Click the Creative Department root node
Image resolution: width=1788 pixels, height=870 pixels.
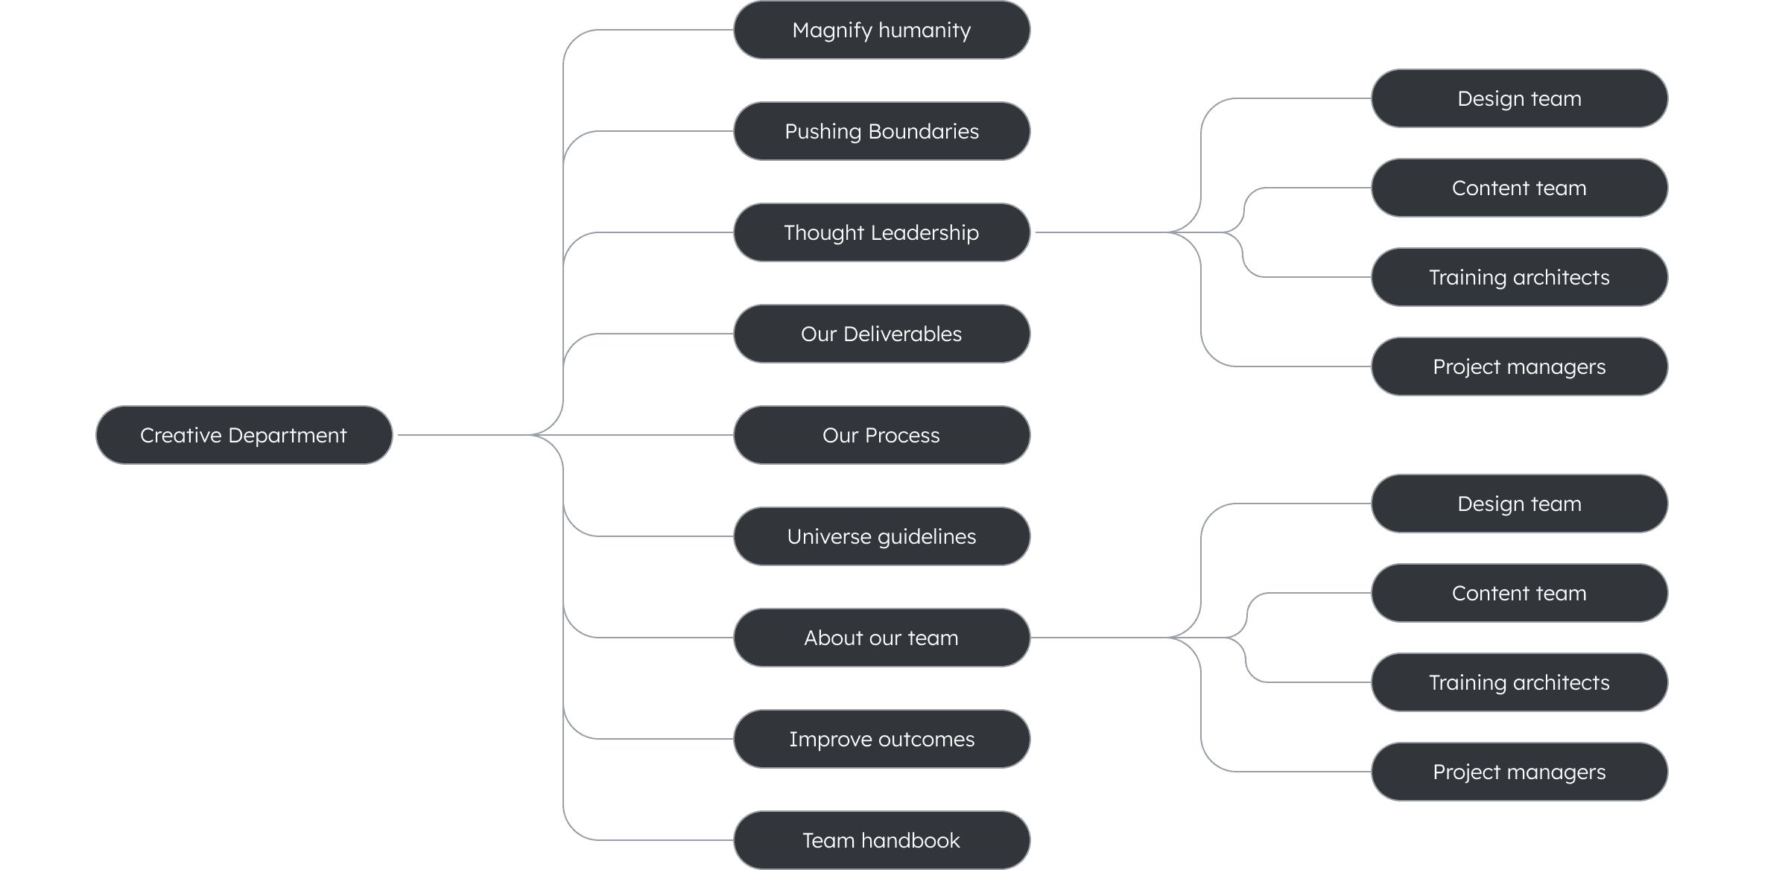pos(244,435)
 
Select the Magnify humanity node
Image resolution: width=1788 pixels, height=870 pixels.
pos(881,30)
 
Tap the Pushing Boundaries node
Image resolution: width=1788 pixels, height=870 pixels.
pos(881,131)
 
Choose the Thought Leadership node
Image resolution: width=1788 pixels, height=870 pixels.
pos(881,232)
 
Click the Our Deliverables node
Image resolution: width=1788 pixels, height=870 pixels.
pos(881,334)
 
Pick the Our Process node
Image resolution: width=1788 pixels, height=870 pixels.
pos(881,435)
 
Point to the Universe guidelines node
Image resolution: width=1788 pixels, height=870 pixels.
pos(881,536)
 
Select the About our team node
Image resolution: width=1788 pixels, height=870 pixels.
pos(881,638)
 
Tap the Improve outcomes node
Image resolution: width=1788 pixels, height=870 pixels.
pos(881,739)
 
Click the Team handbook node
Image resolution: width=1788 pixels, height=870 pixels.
pos(881,840)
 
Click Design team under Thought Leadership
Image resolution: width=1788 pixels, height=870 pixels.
pos(1519,98)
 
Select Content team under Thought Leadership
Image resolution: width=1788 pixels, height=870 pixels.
pos(1519,188)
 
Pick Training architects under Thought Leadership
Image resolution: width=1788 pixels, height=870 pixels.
pos(1519,277)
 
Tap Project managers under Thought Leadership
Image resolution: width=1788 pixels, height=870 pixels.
pos(1519,366)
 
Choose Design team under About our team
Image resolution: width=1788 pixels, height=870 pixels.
pos(1519,504)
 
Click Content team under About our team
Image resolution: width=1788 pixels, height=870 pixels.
pos(1519,593)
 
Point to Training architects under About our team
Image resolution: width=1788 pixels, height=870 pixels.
pos(1519,682)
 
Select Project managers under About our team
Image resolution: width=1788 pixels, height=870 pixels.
pos(1519,772)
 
